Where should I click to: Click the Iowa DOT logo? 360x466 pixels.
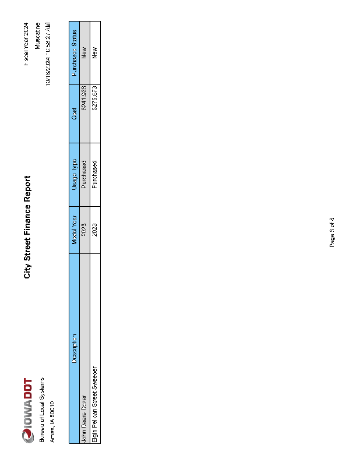pyautogui.click(x=27, y=410)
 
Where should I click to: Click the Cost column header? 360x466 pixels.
pyautogui.click(x=74, y=114)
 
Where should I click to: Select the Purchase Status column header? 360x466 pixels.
pyautogui.click(x=74, y=53)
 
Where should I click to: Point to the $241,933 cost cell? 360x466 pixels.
pyautogui.click(x=84, y=99)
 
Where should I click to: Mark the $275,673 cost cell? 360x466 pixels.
pyautogui.click(x=95, y=99)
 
